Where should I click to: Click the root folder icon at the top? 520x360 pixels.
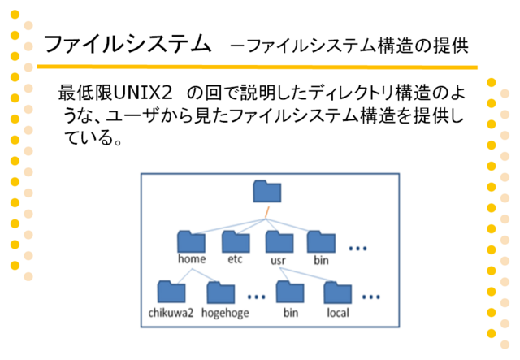point(267,191)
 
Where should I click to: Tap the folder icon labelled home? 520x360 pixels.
point(192,241)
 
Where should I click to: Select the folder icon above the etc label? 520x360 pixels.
point(236,241)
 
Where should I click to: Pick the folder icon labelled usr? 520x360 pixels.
point(279,242)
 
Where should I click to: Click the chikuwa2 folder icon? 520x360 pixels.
point(171,292)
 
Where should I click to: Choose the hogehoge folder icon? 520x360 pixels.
point(221,293)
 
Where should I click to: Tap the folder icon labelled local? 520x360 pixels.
point(338,293)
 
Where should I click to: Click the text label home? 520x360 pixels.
point(192,258)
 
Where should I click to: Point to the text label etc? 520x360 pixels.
point(235,259)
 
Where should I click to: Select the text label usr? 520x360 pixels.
point(278,261)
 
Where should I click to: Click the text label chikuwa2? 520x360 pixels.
point(171,313)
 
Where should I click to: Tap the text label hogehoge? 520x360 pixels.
point(225,313)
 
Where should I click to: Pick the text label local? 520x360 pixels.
point(338,313)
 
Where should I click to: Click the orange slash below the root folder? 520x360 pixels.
point(266,212)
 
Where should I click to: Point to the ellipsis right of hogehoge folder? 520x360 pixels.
point(257,297)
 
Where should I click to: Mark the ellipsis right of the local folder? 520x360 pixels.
point(371,297)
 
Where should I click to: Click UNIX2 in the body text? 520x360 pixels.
point(143,93)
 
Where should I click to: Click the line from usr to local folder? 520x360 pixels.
point(305,275)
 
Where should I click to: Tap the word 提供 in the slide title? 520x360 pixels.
point(452,46)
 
